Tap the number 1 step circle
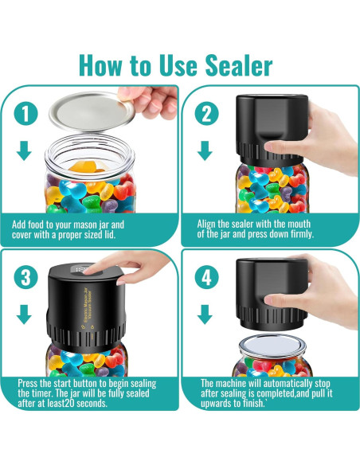[25, 114]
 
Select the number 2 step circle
[207, 114]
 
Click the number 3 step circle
[25, 278]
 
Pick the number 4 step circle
[207, 278]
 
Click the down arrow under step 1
[24, 150]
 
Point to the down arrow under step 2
[205, 150]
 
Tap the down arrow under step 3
[24, 315]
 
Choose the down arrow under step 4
[205, 315]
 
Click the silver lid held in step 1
[91, 111]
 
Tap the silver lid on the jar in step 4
[272, 346]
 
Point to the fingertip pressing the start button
[88, 271]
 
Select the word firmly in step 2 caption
[302, 234]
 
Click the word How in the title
[100, 65]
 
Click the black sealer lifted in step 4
[272, 294]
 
